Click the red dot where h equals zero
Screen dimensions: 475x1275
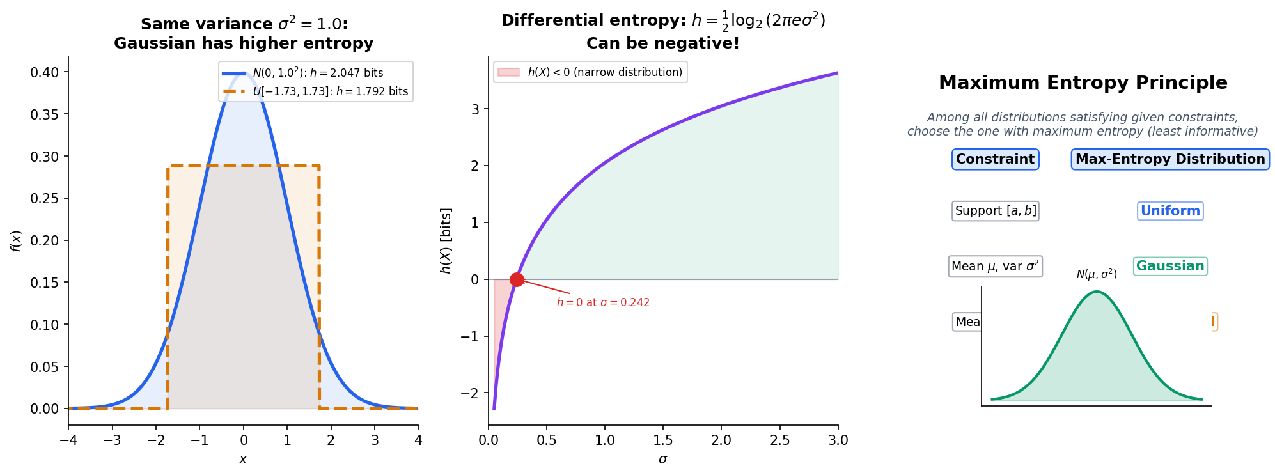(517, 279)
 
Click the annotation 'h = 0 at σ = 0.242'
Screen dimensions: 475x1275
(602, 302)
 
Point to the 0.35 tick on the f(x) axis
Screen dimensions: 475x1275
(45, 114)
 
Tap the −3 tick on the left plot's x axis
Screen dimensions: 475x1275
(113, 440)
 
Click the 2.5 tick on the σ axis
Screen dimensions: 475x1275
(779, 440)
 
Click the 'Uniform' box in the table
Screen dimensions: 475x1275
(1169, 211)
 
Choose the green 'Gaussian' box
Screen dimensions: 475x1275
(1169, 266)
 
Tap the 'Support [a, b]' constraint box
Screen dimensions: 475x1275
(995, 211)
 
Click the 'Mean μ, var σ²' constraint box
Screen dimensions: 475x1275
(995, 267)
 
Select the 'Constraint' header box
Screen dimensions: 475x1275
(995, 159)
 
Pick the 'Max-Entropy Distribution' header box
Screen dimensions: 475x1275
(1169, 159)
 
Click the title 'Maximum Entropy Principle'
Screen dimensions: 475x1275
(1083, 83)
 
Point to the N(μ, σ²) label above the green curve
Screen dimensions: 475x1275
(1096, 274)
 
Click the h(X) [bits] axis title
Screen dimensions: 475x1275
(446, 240)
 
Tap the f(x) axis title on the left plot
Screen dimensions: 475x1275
(16, 240)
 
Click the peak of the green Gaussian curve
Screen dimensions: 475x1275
(1097, 292)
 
